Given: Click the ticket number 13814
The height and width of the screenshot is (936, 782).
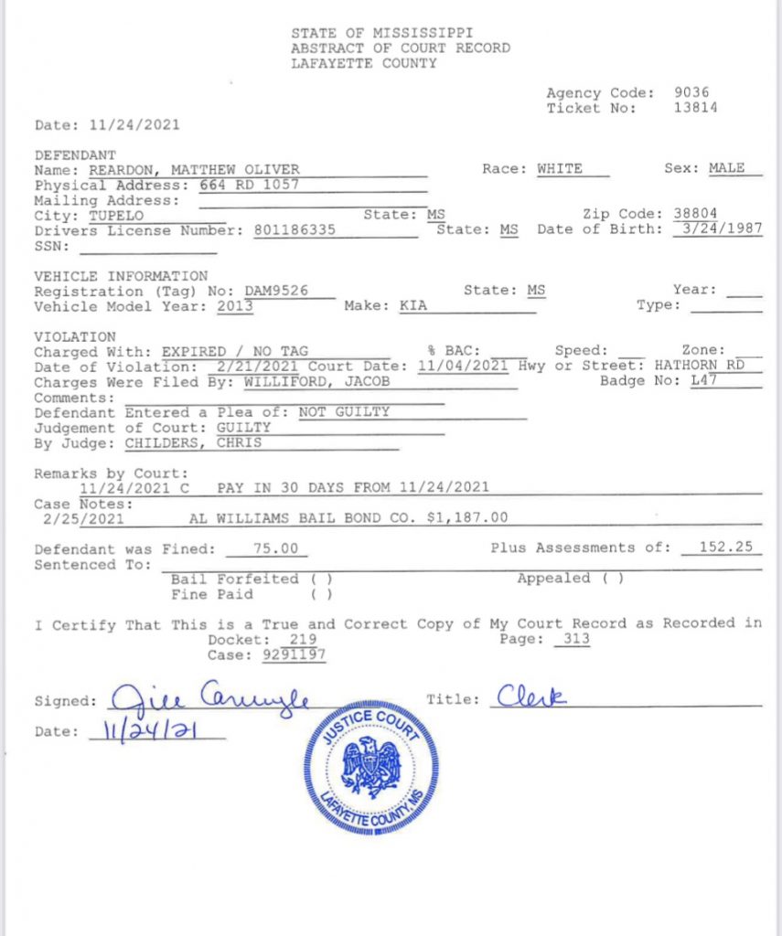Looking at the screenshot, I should (695, 108).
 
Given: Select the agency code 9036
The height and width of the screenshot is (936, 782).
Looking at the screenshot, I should (691, 92).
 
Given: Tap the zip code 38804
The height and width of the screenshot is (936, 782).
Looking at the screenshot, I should (695, 215).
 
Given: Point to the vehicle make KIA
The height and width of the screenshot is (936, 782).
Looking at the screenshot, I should (413, 305).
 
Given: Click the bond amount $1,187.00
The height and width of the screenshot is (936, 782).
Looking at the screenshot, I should (466, 517).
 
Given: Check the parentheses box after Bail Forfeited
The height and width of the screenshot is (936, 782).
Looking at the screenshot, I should (321, 580).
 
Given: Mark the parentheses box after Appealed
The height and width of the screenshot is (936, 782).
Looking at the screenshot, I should (613, 579).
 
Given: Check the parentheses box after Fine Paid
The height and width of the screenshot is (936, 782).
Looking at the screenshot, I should (321, 595).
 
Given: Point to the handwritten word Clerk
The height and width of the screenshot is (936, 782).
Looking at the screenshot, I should (532, 697).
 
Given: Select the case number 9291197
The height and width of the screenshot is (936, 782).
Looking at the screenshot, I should (294, 654).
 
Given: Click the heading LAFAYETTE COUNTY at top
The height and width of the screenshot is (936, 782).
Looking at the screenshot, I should (363, 63).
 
